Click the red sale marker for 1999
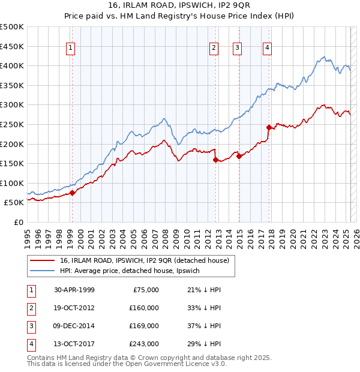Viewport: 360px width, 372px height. (72, 193)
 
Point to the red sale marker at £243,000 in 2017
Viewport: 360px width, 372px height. (269, 127)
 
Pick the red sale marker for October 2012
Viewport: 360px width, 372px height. (216, 159)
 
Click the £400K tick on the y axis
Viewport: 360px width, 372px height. (12, 65)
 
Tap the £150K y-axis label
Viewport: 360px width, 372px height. (12, 163)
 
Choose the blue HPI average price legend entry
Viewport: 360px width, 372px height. (133, 271)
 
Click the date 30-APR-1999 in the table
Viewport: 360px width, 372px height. (74, 290)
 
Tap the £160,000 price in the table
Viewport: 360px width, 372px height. (144, 307)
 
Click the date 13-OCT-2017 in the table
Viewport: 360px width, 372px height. (74, 344)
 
